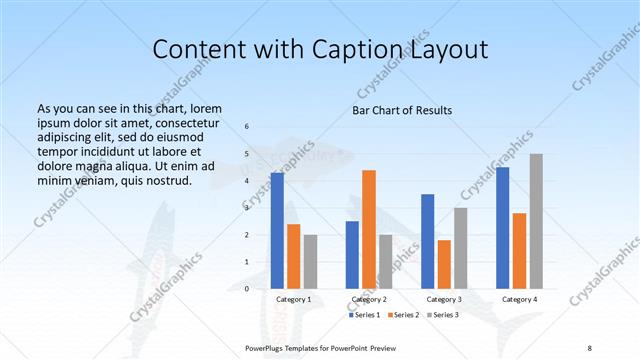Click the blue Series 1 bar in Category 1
pos(277,230)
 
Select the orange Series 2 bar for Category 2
pos(369,229)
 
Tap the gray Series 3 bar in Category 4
pos(536,221)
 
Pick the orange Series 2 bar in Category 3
pos(444,264)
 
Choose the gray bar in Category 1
pos(311,261)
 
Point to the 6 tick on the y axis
pos(247,126)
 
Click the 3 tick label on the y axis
pos(247,207)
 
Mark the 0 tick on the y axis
pos(247,289)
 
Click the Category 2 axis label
pos(369,299)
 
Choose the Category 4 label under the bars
pos(519,299)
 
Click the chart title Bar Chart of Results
pos(402,110)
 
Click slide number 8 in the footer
pos(590,347)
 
